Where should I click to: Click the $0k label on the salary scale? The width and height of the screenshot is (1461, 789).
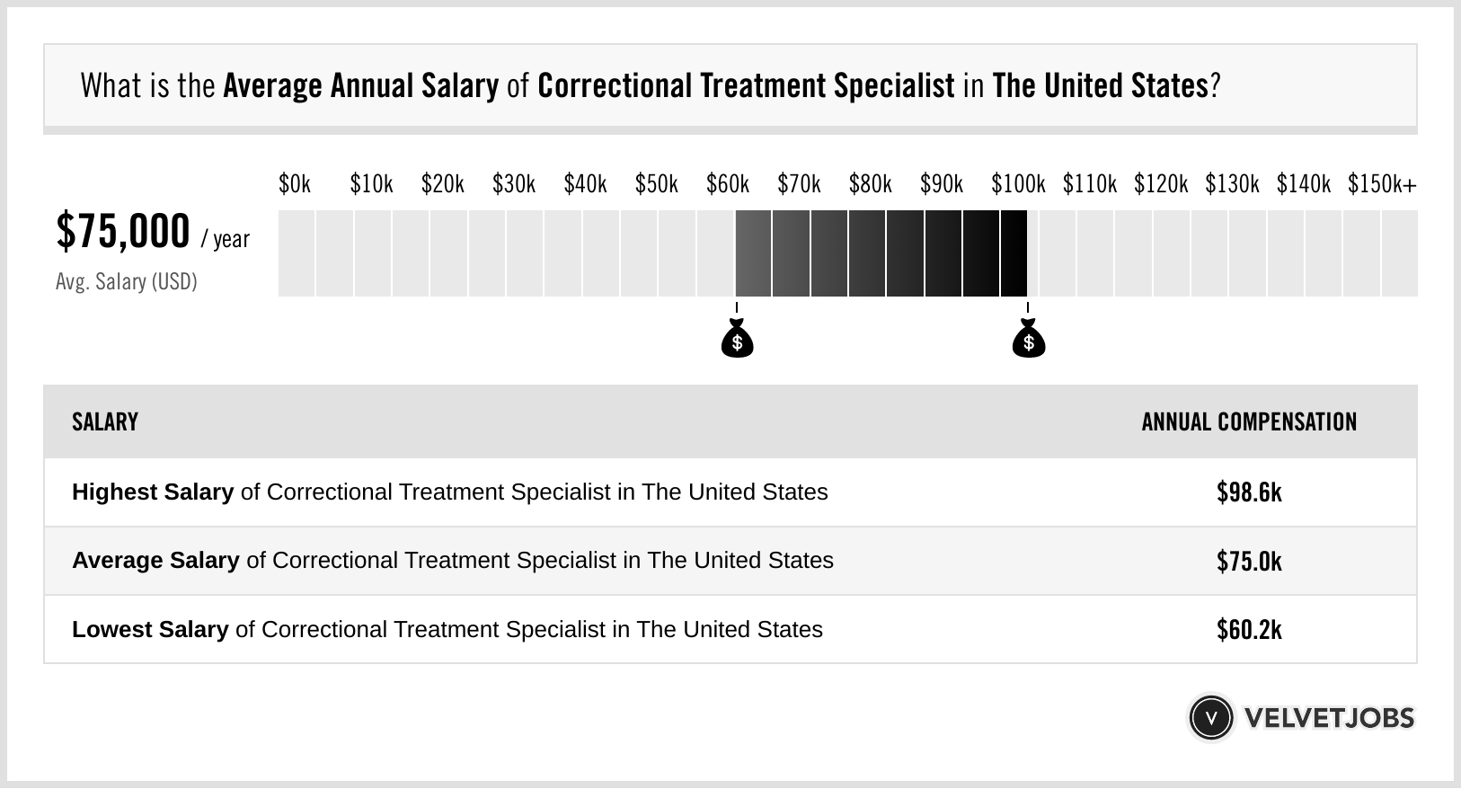(x=295, y=184)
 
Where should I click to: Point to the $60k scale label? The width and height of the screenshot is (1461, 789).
(x=728, y=184)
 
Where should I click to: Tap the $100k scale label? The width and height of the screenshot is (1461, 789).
(x=1018, y=184)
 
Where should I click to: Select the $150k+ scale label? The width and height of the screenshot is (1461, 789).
(x=1382, y=184)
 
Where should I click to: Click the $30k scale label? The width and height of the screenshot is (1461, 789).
(x=514, y=184)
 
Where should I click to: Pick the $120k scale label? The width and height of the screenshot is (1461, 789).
(x=1161, y=184)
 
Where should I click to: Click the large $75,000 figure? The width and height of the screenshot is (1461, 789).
(x=123, y=232)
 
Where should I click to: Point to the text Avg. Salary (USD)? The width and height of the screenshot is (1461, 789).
(x=127, y=282)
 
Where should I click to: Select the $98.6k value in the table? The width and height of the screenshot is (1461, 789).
(x=1249, y=492)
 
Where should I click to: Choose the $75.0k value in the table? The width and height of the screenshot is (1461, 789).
(x=1249, y=561)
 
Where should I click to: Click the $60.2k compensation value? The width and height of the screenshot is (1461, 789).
(x=1249, y=630)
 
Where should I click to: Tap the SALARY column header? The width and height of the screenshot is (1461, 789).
(x=105, y=422)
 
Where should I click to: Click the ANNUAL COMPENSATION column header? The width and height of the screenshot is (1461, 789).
(x=1249, y=422)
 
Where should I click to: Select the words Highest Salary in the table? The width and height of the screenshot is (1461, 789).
(x=153, y=492)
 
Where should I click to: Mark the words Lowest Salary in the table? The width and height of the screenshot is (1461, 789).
(x=150, y=630)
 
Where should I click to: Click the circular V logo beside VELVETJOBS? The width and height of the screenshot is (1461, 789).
(x=1210, y=718)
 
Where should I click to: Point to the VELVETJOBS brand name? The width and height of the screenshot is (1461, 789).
(x=1329, y=718)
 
